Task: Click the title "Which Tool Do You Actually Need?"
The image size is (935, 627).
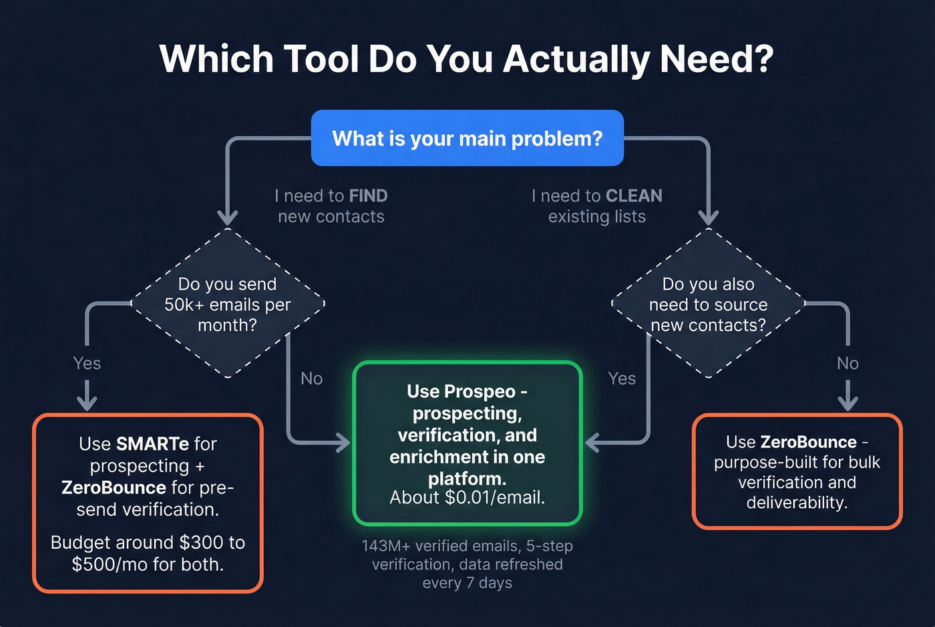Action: coord(466,59)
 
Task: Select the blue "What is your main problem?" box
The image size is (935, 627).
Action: coord(467,138)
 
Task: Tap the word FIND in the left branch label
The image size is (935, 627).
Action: coord(368,196)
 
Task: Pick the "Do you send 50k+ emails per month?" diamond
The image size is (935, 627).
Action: coord(228,304)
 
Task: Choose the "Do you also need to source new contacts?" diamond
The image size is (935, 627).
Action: coord(708,304)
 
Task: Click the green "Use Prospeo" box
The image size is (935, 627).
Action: coord(467,443)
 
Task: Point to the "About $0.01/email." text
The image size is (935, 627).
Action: coord(467,497)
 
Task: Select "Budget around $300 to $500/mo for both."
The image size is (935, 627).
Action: coord(148,554)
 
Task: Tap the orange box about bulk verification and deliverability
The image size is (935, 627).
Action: coord(797,472)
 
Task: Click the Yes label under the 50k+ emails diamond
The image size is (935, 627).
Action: coord(87,363)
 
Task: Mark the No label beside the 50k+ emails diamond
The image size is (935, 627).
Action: coord(311,379)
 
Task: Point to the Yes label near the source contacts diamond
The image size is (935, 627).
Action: coord(622,379)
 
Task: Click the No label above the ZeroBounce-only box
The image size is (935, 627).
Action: coord(848,363)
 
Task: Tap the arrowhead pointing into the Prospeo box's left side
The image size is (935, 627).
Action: coord(343,442)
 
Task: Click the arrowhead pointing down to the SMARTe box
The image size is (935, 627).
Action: coord(87,403)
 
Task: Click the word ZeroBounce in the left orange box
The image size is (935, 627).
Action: coord(114,488)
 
